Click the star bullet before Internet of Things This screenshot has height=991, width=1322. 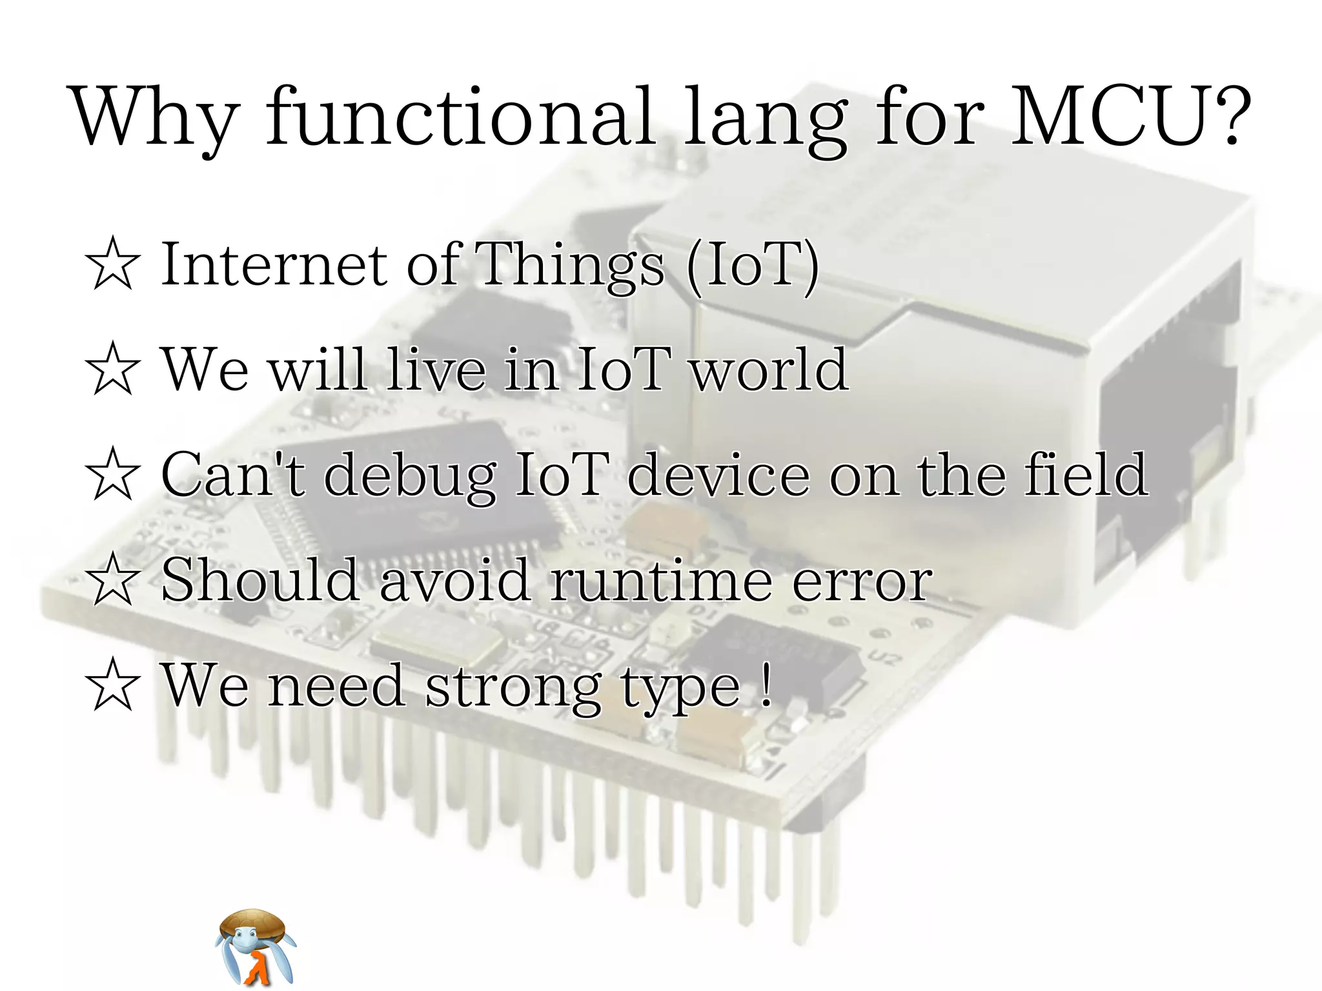[x=113, y=263]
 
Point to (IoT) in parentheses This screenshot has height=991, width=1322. [x=752, y=265]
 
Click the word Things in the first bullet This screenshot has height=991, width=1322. [x=571, y=265]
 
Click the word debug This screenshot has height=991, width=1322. [x=409, y=476]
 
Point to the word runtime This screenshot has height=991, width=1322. [x=660, y=579]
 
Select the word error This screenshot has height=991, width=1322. [x=862, y=581]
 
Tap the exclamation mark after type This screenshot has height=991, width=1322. [x=766, y=685]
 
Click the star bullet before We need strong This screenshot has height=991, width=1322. [x=113, y=685]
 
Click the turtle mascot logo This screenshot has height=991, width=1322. [x=255, y=946]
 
